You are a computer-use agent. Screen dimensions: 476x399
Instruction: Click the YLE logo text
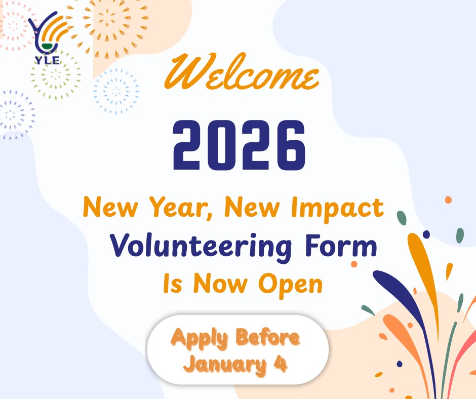[x=48, y=60]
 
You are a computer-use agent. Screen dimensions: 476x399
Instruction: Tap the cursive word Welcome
[x=242, y=72]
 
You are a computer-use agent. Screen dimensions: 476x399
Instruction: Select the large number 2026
[x=239, y=145]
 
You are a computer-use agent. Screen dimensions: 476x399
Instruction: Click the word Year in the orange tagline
[x=181, y=208]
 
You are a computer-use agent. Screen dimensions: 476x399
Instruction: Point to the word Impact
[x=337, y=209]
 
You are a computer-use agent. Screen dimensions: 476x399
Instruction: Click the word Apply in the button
[x=199, y=338]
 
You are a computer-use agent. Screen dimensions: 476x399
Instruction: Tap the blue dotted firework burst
[x=116, y=91]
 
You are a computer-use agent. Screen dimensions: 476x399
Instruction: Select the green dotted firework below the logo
[x=56, y=76]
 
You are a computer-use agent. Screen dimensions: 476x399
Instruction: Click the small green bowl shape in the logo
[x=48, y=46]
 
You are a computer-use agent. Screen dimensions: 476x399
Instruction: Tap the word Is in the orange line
[x=173, y=284]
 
